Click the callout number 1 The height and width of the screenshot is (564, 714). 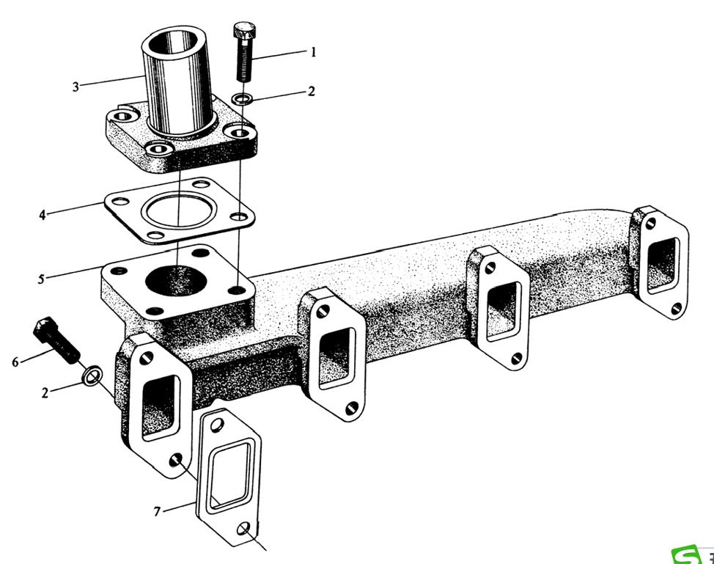[x=313, y=52]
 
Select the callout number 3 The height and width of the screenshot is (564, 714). [x=76, y=87]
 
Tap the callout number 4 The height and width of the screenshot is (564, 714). [x=43, y=215]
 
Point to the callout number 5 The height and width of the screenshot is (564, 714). [x=42, y=279]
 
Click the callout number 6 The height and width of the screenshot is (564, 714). [x=15, y=362]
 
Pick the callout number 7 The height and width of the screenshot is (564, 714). [x=158, y=511]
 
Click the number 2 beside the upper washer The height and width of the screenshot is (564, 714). [x=312, y=92]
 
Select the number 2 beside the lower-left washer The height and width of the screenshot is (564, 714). [x=45, y=393]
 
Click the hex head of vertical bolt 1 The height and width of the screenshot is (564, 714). [x=243, y=32]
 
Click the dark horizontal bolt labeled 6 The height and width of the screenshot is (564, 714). [x=56, y=343]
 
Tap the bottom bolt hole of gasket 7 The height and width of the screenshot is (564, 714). [x=245, y=530]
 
